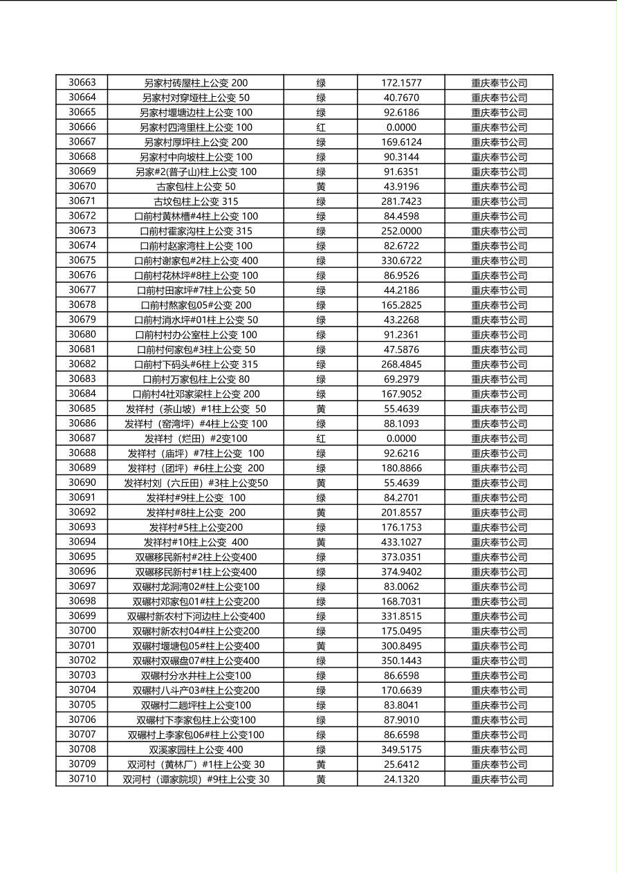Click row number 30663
[x=82, y=82]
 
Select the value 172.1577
[x=401, y=83]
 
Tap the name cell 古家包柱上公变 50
[x=196, y=187]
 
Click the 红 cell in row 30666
[x=321, y=127]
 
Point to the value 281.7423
[x=401, y=201]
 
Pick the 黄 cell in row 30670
[x=321, y=187]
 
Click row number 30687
[x=82, y=438]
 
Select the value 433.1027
[x=401, y=542]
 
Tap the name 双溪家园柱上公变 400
[x=196, y=750]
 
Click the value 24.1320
[x=401, y=780]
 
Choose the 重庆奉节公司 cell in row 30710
[x=499, y=780]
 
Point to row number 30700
[x=82, y=631]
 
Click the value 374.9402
[x=401, y=572]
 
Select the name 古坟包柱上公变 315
[x=196, y=201]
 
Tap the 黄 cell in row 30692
[x=321, y=513]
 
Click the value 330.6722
[x=401, y=261]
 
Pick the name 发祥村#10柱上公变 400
[x=196, y=542]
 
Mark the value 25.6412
[x=401, y=764]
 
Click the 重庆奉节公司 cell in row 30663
[x=499, y=83]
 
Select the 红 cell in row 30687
[x=321, y=439]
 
